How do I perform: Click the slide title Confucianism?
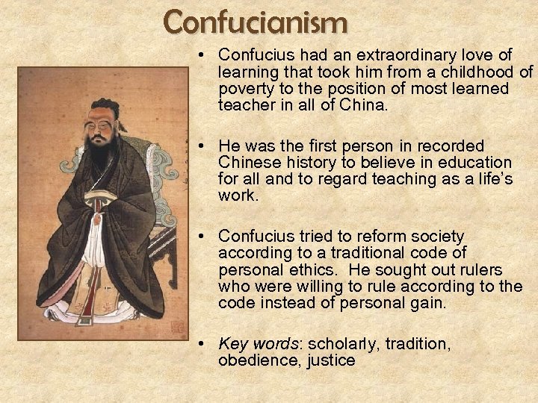click(x=256, y=22)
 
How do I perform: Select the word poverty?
click(x=246, y=89)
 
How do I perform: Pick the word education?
click(x=476, y=163)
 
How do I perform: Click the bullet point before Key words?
click(x=202, y=345)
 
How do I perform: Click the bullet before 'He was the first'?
click(x=202, y=146)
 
